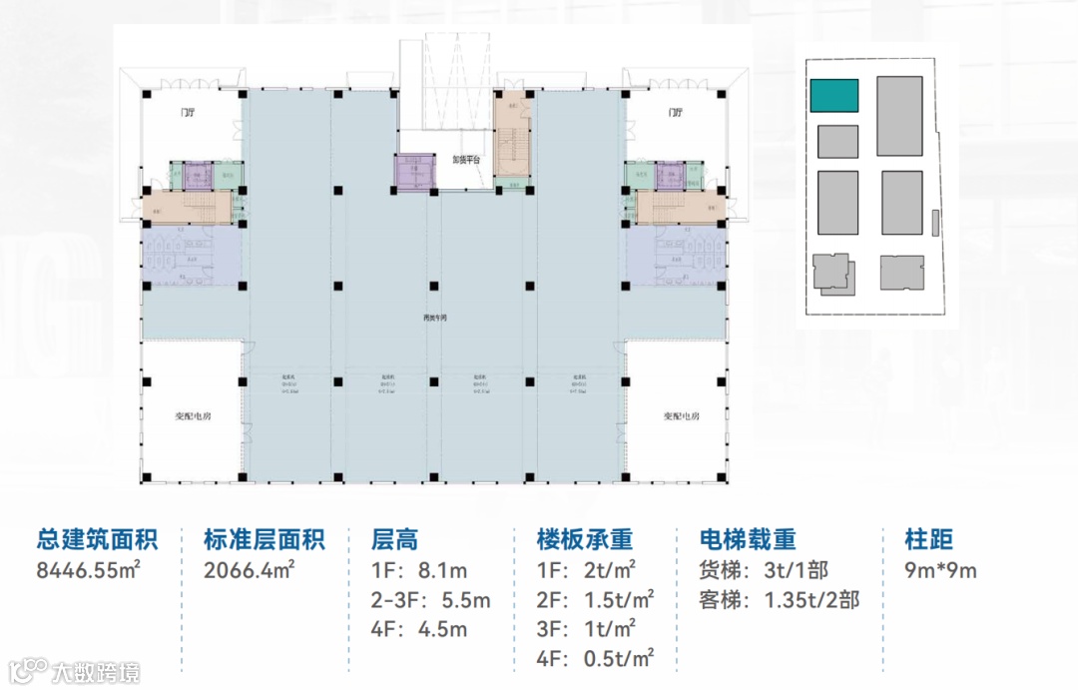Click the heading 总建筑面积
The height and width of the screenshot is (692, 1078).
click(97, 540)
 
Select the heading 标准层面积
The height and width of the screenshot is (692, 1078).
click(264, 540)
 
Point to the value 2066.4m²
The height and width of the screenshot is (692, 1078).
click(249, 571)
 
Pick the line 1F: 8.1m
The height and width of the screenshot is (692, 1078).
click(419, 571)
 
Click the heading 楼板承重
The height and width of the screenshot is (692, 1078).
click(585, 540)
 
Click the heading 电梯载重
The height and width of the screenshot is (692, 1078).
click(749, 540)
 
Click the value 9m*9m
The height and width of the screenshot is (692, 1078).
click(940, 571)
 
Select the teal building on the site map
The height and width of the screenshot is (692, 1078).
click(833, 96)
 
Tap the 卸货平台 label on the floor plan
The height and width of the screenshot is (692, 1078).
click(466, 159)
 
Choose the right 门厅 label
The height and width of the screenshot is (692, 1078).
click(676, 113)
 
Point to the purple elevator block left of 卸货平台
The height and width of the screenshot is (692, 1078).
click(412, 171)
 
